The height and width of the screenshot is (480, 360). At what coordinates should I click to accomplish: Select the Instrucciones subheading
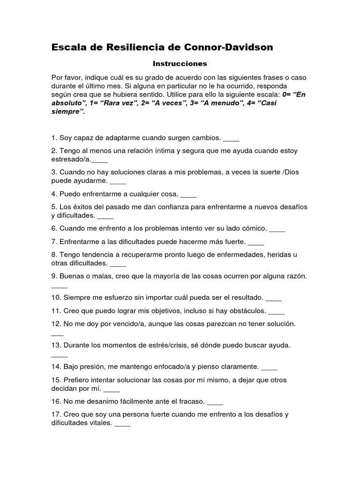click(x=180, y=63)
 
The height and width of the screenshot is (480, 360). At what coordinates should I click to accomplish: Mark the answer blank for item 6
click(x=277, y=230)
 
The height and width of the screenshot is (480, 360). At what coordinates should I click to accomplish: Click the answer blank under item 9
click(x=59, y=286)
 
